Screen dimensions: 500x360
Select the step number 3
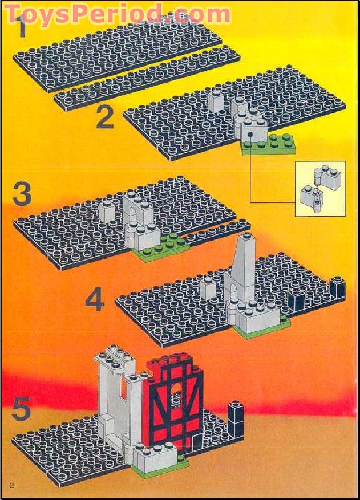tap(22, 195)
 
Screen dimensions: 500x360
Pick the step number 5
tap(21, 409)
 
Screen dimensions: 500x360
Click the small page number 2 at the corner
tap(11, 485)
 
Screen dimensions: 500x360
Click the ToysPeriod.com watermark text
tap(117, 13)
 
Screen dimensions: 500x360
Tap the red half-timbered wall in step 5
tap(177, 405)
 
